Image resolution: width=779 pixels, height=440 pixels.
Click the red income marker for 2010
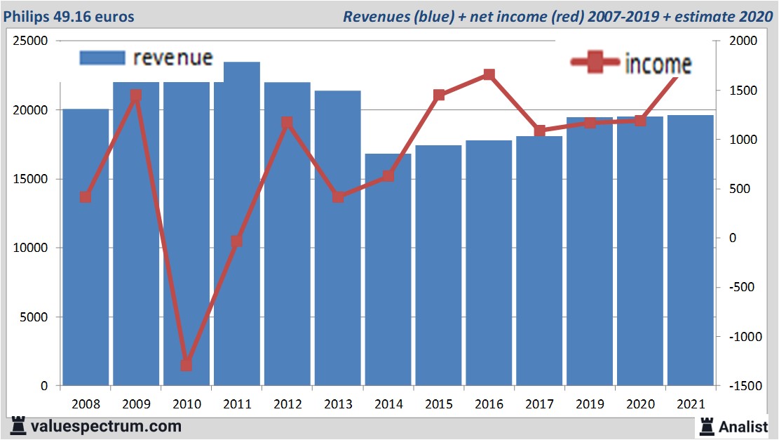click(x=186, y=365)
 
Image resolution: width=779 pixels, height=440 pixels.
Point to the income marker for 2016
click(x=489, y=75)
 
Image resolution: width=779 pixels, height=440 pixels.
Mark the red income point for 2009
click(x=136, y=96)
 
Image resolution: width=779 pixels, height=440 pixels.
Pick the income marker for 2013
click(x=338, y=196)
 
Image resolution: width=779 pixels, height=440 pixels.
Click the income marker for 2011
click(x=236, y=241)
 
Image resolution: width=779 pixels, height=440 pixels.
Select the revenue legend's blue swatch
click(x=102, y=58)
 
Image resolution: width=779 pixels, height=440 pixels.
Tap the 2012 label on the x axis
click(x=287, y=404)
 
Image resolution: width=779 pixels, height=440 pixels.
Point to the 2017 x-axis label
click(x=539, y=404)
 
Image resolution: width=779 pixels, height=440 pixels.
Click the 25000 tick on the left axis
click(x=31, y=41)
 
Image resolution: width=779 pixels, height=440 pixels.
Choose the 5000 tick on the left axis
click(x=34, y=316)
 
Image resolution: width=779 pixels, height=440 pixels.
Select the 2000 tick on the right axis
click(x=744, y=41)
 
